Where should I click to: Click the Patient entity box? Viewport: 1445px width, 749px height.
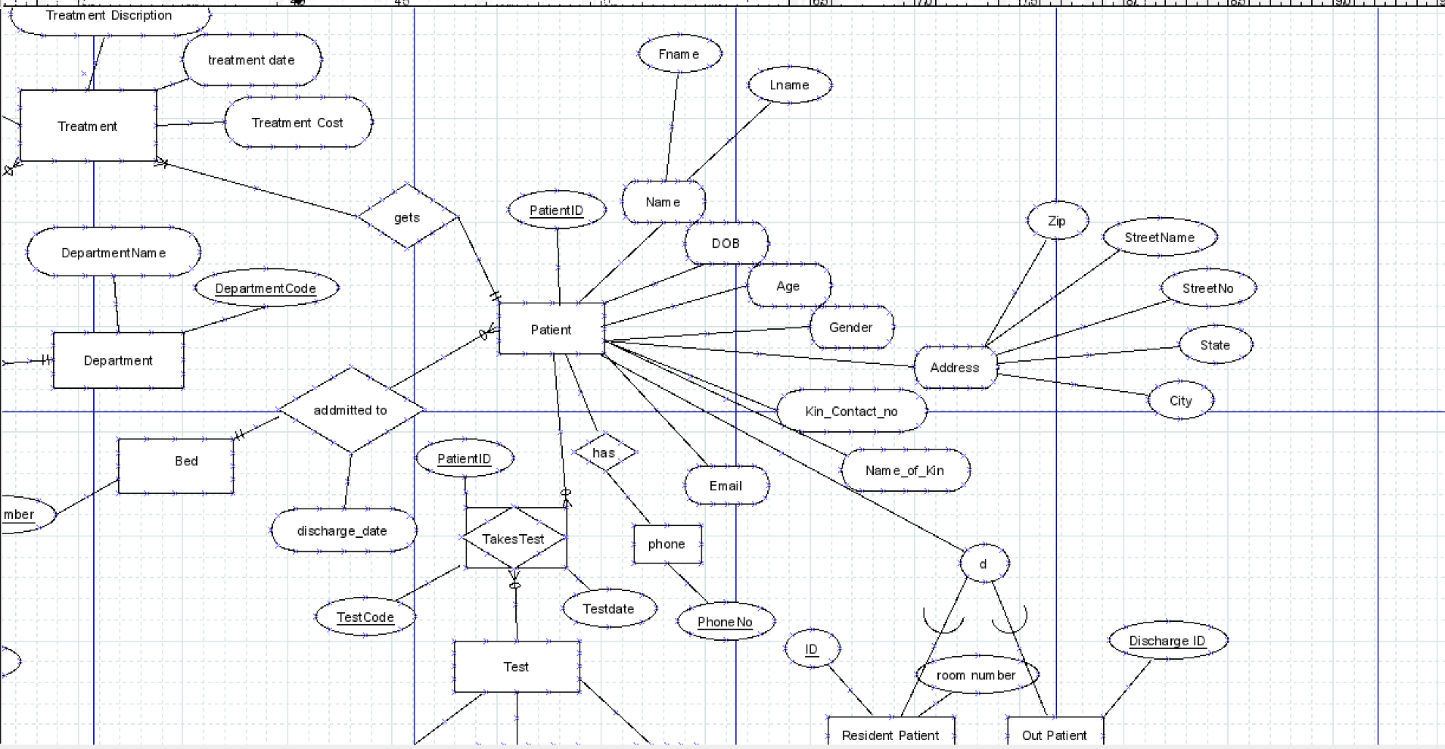[552, 329]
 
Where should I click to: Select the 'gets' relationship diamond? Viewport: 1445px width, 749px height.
[407, 217]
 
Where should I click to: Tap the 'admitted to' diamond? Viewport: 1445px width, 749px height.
[350, 410]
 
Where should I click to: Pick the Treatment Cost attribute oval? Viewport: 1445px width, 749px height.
[298, 123]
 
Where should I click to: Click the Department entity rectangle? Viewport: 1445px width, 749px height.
[118, 361]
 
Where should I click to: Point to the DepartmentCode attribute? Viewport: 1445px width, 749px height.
[266, 288]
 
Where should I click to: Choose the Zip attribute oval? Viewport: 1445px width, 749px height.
[1057, 221]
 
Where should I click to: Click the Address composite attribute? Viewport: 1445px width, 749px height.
[955, 368]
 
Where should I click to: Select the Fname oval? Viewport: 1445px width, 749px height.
[679, 54]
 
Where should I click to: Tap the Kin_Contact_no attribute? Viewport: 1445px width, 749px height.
[851, 412]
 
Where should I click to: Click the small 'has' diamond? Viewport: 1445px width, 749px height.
[604, 452]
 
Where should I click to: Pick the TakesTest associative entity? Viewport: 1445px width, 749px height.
[514, 539]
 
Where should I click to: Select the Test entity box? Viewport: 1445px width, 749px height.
[516, 667]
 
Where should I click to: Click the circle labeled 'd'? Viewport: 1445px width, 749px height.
[984, 564]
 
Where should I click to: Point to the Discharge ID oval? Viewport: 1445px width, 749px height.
[1167, 641]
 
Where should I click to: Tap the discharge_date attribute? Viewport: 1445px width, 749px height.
[342, 530]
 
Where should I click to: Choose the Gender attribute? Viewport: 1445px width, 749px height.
[851, 328]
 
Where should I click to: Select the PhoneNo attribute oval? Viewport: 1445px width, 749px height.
[725, 622]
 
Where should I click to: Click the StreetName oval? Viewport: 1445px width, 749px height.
[1160, 238]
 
